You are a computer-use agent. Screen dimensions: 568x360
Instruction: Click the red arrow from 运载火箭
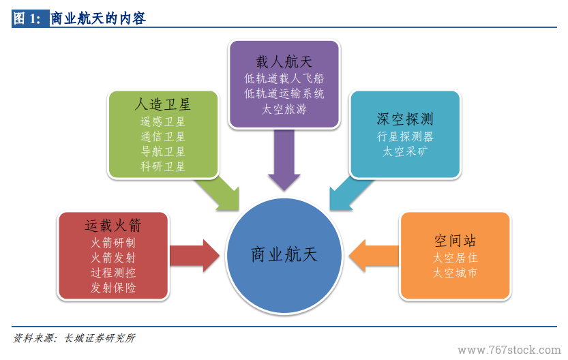point(194,256)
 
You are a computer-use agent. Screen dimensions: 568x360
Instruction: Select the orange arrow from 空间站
point(374,256)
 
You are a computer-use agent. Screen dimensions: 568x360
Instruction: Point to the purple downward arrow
point(284,160)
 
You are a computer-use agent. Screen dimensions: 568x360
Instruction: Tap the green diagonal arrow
point(219,194)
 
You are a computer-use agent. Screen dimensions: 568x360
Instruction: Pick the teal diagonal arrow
point(350,194)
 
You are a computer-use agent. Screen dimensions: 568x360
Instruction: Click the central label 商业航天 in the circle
point(284,254)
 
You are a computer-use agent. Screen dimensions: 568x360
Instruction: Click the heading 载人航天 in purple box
point(284,62)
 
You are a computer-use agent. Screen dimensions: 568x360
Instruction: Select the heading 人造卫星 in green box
point(163,104)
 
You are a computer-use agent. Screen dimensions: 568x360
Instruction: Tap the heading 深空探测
point(405,119)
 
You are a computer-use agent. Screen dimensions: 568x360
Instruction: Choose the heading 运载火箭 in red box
point(113,225)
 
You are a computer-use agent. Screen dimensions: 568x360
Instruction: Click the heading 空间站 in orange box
point(455,241)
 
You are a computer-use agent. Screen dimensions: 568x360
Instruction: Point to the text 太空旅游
point(284,109)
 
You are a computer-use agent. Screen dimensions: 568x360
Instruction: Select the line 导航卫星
point(163,151)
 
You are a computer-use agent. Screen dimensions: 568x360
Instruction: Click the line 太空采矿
point(405,151)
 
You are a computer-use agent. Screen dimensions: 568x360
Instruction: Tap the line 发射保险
point(113,288)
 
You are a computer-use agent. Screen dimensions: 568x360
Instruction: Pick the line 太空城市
point(455,273)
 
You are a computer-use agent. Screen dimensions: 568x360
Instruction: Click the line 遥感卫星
point(163,121)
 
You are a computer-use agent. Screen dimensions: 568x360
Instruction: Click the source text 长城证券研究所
point(100,338)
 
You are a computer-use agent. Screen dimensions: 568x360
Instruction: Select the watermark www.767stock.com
point(509,350)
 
